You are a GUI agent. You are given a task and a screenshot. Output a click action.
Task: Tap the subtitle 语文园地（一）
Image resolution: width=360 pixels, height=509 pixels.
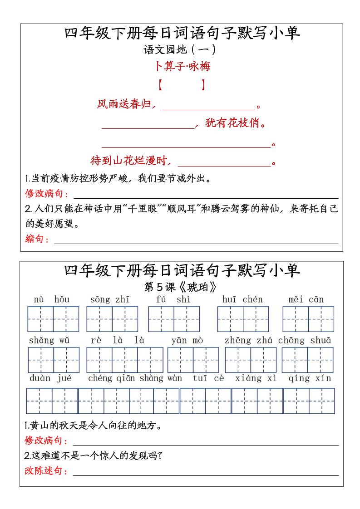180,49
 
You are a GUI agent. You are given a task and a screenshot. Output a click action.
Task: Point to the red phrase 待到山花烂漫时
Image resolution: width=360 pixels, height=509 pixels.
130,161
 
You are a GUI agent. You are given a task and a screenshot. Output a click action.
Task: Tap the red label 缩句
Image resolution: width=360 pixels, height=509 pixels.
37,239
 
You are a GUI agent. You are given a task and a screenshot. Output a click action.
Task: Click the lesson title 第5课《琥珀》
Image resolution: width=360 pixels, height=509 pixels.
180,287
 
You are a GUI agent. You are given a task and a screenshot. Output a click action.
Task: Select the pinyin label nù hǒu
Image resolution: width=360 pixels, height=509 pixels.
52,299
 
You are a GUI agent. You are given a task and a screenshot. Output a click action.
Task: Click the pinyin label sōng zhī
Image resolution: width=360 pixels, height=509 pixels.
110,299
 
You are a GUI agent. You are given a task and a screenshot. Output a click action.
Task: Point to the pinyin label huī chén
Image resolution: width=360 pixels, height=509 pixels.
242,299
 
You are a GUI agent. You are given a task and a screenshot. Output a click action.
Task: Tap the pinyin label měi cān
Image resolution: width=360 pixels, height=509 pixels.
306,299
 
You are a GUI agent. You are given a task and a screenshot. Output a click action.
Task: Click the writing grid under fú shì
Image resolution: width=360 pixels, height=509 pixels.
174,319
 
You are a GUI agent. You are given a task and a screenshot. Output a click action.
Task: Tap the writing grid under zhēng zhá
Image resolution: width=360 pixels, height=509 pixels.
251,360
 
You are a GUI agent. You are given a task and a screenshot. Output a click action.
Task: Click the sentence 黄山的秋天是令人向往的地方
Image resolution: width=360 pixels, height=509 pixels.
93,426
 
